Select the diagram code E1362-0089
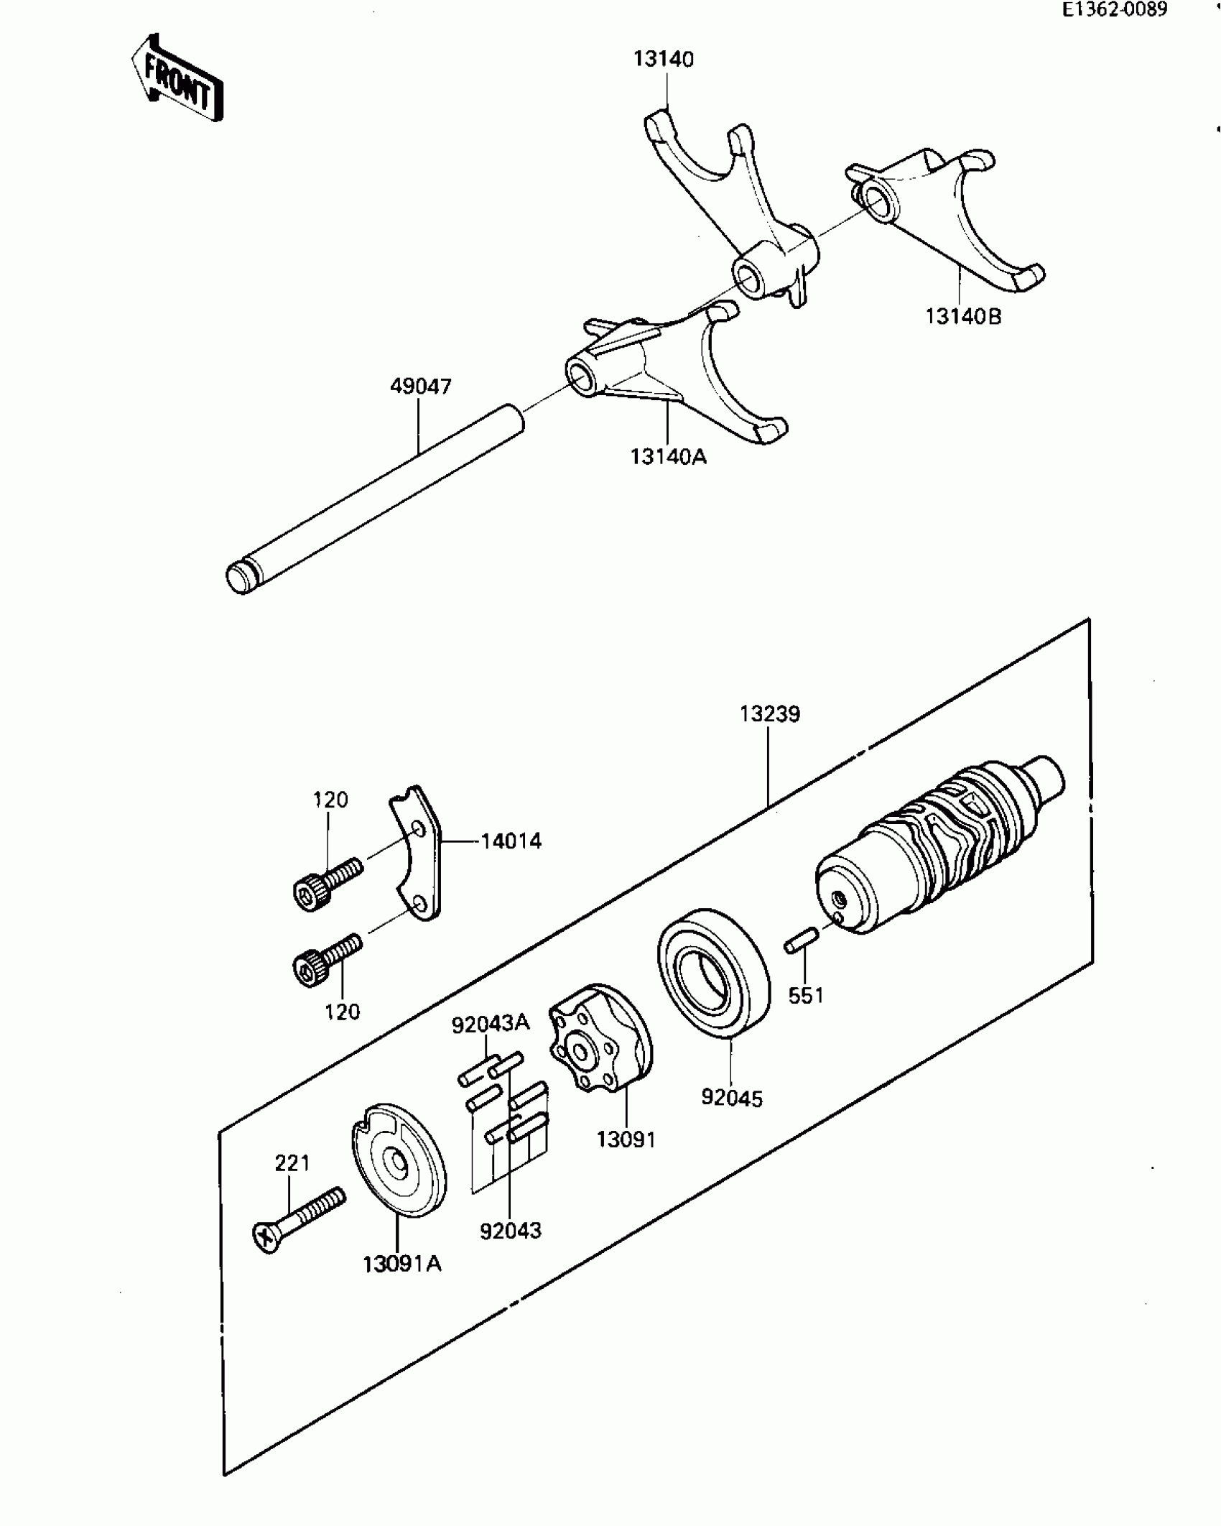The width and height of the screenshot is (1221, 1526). (x=1115, y=9)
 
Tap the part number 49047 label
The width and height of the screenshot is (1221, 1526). (x=421, y=387)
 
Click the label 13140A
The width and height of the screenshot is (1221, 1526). (x=669, y=457)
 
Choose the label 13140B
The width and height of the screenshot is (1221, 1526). (x=962, y=316)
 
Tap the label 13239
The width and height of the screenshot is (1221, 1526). (x=770, y=714)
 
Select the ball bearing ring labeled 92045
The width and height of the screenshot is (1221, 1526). (x=714, y=973)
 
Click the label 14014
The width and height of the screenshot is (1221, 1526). (x=511, y=841)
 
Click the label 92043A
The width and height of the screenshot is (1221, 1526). (x=490, y=1023)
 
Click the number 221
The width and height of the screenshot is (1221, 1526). (x=292, y=1162)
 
